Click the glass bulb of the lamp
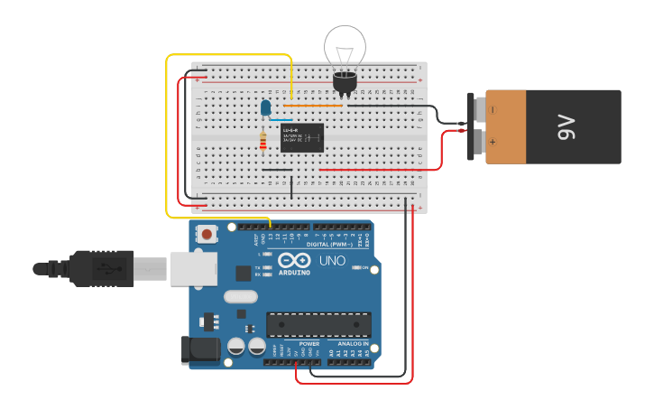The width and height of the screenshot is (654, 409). coord(345,46)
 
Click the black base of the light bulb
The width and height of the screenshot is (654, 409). coord(345,83)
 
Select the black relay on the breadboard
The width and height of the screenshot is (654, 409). coord(302,137)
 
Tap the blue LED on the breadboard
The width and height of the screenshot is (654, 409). coord(265,107)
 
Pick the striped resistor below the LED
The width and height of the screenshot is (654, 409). coord(263,142)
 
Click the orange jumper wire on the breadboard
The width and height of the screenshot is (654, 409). coord(311,106)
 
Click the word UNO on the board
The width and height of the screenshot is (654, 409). coord(332,262)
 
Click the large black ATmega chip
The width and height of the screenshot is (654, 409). coord(318,325)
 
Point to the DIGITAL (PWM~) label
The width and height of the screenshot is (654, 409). coord(329,245)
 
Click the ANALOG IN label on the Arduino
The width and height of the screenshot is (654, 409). coord(353,344)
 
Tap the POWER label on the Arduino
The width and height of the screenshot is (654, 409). coord(309,344)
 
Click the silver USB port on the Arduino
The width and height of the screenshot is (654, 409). coord(193,268)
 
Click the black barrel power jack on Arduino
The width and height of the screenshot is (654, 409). coord(201,350)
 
